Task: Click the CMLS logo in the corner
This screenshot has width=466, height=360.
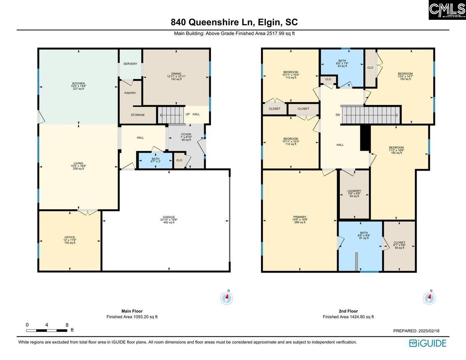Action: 447,10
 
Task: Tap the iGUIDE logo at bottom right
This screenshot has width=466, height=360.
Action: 428,343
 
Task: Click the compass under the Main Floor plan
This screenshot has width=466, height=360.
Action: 227,298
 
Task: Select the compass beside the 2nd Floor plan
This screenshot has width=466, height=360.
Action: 429,298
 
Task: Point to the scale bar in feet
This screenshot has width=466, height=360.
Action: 47,330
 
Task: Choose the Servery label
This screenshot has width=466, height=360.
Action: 130,64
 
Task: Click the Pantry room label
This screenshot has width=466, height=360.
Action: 130,93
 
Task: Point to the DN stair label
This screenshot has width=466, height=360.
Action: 338,115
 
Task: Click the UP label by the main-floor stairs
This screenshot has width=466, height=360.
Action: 188,114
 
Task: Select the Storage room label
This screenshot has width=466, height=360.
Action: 137,115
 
